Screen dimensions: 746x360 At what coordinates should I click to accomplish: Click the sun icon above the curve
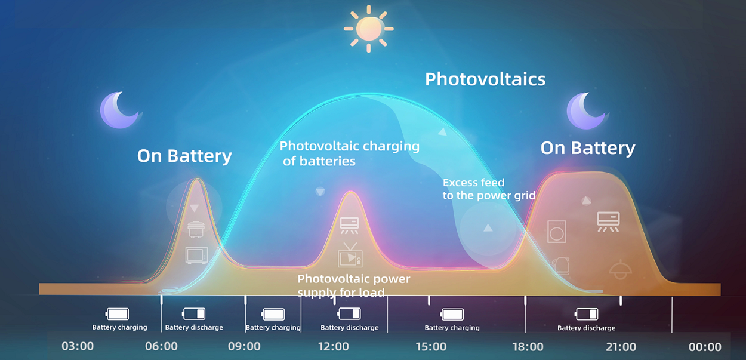coord(369,29)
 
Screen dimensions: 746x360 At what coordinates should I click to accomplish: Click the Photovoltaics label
coord(485,79)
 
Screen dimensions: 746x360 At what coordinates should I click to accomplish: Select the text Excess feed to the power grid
coord(489,189)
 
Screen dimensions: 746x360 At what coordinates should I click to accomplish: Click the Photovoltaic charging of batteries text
coord(349,153)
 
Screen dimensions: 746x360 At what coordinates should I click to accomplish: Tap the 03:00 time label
coord(78,346)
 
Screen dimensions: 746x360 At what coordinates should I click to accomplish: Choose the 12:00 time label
coord(334,347)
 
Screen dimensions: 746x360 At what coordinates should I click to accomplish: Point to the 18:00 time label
coord(528,347)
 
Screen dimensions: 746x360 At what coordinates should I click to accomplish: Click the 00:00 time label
coord(705,347)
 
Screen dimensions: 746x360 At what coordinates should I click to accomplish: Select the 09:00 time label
coord(244,346)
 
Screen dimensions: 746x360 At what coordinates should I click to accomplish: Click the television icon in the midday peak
coord(350,255)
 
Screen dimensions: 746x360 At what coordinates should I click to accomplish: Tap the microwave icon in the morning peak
coord(197,256)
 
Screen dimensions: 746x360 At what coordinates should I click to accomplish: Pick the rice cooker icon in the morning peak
coord(196,229)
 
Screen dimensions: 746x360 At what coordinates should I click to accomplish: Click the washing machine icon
coord(556,232)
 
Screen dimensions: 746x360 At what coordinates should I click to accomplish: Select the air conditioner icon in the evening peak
coord(608,221)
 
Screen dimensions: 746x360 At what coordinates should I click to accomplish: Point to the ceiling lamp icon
coord(620,269)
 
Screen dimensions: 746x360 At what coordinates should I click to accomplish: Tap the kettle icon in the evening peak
coord(560,266)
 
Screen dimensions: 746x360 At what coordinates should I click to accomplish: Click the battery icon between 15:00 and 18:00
coord(452,314)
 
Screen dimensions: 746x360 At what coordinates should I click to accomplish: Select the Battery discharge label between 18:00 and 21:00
coord(587,328)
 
